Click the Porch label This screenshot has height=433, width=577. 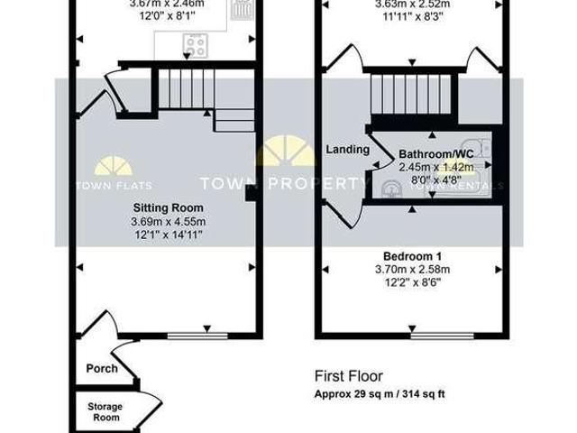click(x=101, y=368)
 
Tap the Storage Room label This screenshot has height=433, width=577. click(x=105, y=411)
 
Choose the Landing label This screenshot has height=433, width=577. click(x=343, y=150)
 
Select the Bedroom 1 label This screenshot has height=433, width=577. click(x=410, y=255)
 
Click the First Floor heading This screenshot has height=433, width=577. click(x=348, y=376)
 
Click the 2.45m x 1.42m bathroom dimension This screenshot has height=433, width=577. click(x=436, y=167)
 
